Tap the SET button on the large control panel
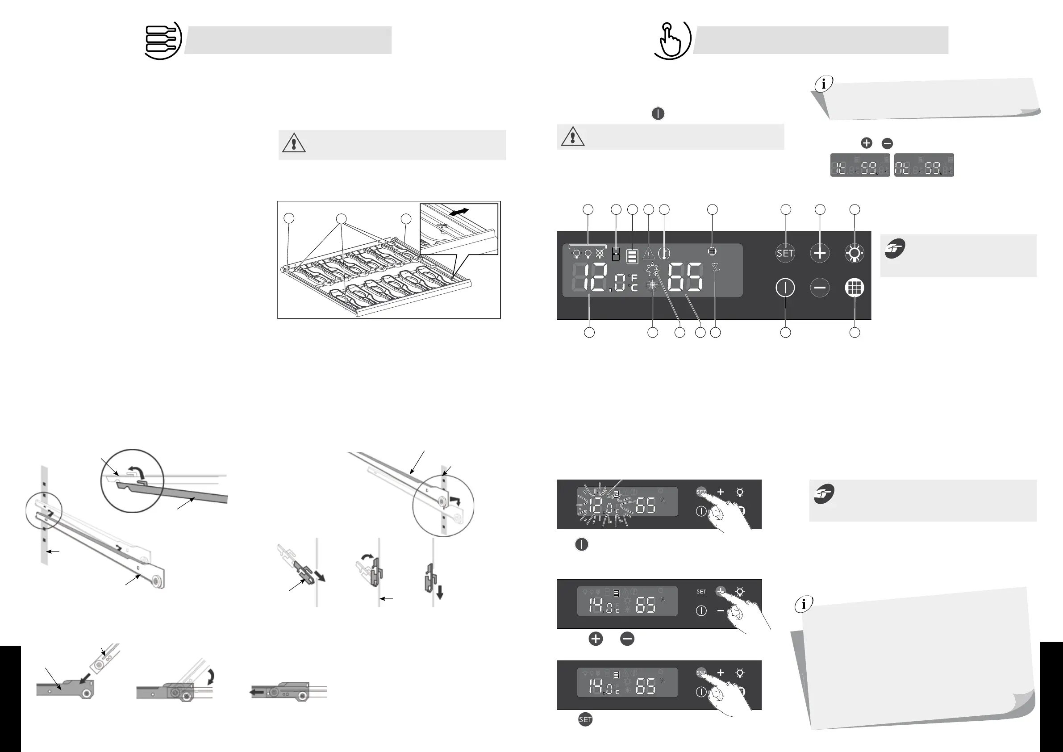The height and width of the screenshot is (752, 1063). tap(785, 253)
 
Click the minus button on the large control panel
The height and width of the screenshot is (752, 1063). tap(820, 288)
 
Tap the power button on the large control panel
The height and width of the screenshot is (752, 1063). tap(785, 288)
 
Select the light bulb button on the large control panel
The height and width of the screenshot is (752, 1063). tap(854, 253)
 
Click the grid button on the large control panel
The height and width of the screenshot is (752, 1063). tap(854, 288)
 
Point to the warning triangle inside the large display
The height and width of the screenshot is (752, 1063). tap(649, 253)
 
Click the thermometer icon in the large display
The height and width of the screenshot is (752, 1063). tap(664, 253)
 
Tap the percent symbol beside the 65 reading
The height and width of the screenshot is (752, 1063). tap(716, 267)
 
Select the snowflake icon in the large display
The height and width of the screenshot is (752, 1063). tap(652, 286)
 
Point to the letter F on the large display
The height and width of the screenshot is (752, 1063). tap(634, 278)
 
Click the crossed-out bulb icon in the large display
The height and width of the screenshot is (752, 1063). tap(600, 253)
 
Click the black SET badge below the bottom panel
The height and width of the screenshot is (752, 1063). tap(585, 719)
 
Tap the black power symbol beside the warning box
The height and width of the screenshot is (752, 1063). tap(658, 113)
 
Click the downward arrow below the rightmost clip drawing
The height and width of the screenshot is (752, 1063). tap(440, 592)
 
